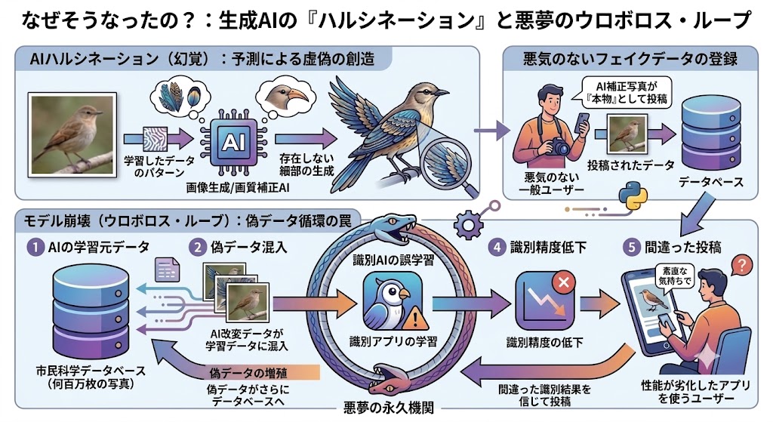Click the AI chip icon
click(x=233, y=143)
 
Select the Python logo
click(x=633, y=196)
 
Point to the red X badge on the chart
click(x=564, y=283)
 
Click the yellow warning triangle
click(x=415, y=319)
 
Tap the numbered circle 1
click(x=35, y=247)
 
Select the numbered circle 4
click(x=497, y=247)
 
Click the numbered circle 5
click(x=632, y=247)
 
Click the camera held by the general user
click(x=559, y=146)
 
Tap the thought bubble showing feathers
click(x=180, y=99)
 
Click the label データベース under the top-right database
click(x=711, y=183)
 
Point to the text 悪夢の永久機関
click(x=389, y=408)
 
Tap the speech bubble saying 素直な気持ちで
click(x=676, y=276)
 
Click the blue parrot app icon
click(x=392, y=300)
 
